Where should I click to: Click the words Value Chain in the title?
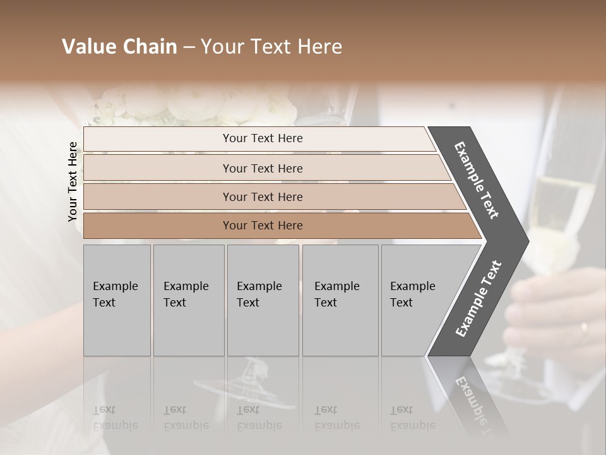point(119,47)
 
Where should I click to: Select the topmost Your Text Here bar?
point(262,138)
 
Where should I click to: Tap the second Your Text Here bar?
point(262,168)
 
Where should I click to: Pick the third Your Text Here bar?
point(262,197)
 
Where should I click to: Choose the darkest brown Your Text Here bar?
point(262,226)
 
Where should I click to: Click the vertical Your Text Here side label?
point(73,181)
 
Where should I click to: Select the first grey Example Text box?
point(117,300)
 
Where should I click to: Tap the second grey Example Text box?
point(188,300)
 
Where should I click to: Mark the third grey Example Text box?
point(262,300)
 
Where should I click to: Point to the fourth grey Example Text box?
point(340,300)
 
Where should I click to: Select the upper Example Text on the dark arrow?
point(477,180)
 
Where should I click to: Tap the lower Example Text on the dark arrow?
point(478,299)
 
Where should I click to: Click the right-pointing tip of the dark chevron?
point(525,241)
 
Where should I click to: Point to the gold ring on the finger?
point(583,327)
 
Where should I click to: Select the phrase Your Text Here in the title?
point(271,47)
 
